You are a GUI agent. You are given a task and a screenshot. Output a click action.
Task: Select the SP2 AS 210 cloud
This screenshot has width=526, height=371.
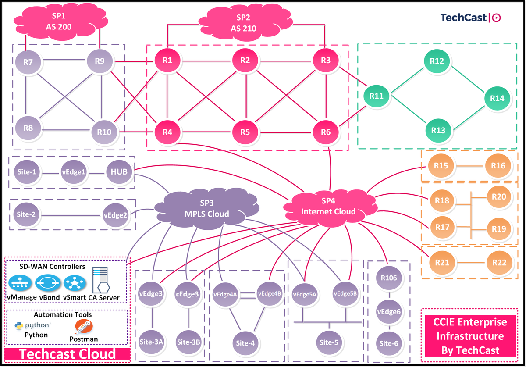tap(243, 23)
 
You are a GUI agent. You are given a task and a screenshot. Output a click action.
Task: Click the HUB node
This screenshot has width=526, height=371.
tap(119, 171)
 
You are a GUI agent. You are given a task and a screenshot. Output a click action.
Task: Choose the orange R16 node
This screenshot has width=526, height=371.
tap(498, 166)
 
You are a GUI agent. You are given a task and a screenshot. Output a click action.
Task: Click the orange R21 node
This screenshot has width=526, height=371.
tap(442, 262)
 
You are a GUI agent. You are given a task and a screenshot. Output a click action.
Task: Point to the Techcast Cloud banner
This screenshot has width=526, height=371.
tap(67, 354)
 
